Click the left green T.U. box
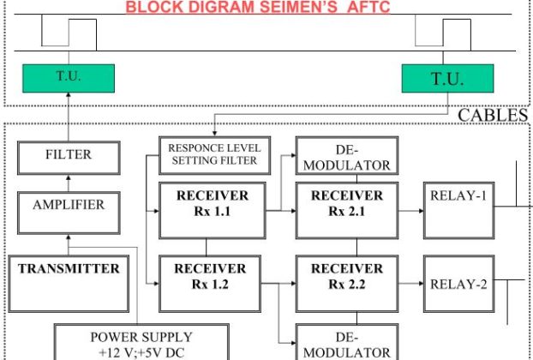[x=67, y=78]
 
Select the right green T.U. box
[x=446, y=80]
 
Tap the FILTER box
[x=68, y=155]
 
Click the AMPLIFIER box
[x=68, y=206]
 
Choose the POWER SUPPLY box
[x=141, y=342]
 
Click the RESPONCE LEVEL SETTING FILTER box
[x=213, y=153]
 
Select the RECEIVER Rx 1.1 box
[x=209, y=203]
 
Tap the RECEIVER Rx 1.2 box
[x=210, y=276]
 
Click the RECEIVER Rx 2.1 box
[x=346, y=203]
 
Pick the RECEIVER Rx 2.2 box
[x=346, y=276]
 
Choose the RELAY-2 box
[x=458, y=284]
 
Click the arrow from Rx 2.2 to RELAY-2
[x=410, y=284]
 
